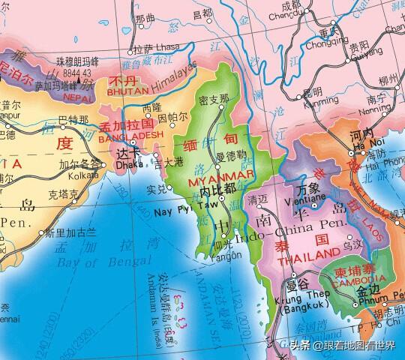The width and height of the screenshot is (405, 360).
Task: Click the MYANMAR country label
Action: click(x=211, y=181)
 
